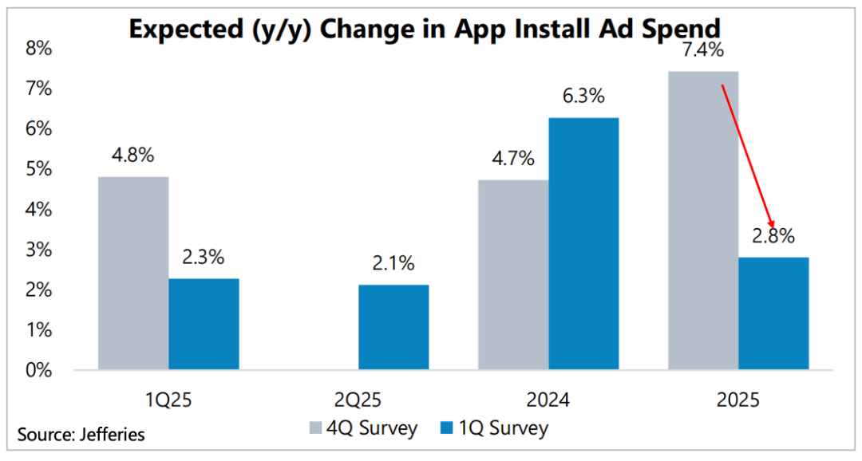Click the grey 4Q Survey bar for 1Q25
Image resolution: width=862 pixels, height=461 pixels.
tap(133, 274)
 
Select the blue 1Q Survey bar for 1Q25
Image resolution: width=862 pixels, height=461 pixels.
tap(204, 325)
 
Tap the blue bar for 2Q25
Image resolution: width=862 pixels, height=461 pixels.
tap(393, 328)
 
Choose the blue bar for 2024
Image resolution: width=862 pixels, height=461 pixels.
tap(584, 244)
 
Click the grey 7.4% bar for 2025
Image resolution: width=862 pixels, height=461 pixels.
tap(703, 221)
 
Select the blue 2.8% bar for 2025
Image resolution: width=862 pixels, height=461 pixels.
tap(773, 313)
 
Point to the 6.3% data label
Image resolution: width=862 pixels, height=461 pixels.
tap(583, 97)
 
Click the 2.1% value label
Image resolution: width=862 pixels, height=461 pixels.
tap(393, 264)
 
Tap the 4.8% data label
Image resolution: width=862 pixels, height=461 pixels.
tap(133, 156)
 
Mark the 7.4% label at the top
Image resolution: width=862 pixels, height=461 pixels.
tap(703, 51)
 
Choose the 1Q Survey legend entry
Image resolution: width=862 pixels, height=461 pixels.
tap(494, 428)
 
